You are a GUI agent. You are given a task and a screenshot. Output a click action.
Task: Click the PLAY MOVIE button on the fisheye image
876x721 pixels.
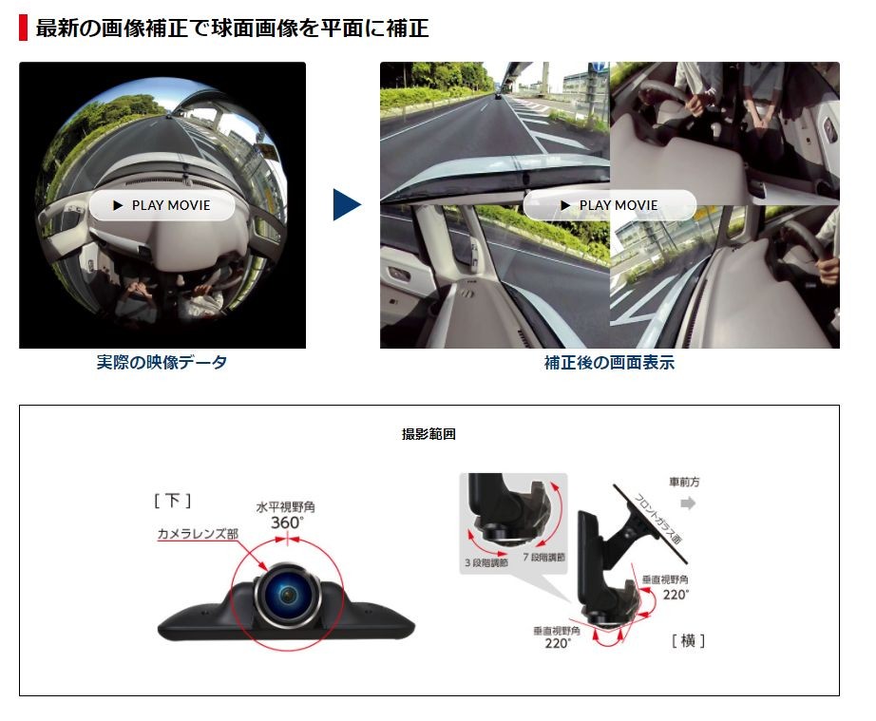pyautogui.click(x=162, y=205)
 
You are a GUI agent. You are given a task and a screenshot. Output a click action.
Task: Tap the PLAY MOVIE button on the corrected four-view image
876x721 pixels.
pyautogui.click(x=610, y=205)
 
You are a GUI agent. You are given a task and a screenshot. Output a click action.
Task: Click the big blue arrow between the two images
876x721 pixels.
pyautogui.click(x=347, y=204)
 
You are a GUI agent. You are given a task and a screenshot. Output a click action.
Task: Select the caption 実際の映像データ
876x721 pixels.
pyautogui.click(x=162, y=363)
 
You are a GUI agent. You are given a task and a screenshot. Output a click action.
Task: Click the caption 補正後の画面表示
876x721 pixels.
pyautogui.click(x=610, y=363)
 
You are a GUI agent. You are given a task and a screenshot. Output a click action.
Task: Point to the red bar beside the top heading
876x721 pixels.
pyautogui.click(x=23, y=28)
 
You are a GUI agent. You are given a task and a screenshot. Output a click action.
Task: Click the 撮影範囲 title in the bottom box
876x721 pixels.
pyautogui.click(x=428, y=434)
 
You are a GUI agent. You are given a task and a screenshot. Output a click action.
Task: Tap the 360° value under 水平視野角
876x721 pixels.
pyautogui.click(x=287, y=522)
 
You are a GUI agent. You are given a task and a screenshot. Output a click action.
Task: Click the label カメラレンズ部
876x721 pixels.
pyautogui.click(x=198, y=534)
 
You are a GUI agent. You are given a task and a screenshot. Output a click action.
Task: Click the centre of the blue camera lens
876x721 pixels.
pyautogui.click(x=288, y=595)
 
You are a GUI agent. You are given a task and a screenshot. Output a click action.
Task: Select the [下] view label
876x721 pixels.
pyautogui.click(x=173, y=501)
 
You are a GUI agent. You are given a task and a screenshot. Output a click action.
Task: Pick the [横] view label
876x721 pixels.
pyautogui.click(x=688, y=640)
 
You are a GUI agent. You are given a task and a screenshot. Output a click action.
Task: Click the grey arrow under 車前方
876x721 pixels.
pyautogui.click(x=688, y=503)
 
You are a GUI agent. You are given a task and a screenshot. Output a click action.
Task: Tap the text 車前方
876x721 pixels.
pyautogui.click(x=684, y=482)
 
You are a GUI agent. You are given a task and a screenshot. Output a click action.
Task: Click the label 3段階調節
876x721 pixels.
pyautogui.click(x=486, y=562)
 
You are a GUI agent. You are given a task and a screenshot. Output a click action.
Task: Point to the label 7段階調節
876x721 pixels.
pyautogui.click(x=544, y=557)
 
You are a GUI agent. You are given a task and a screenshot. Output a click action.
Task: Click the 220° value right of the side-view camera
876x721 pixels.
pyautogui.click(x=676, y=595)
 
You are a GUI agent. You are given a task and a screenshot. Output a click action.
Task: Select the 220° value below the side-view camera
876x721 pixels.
pyautogui.click(x=558, y=643)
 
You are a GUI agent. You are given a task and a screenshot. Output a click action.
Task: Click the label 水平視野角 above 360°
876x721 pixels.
pyautogui.click(x=285, y=507)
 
